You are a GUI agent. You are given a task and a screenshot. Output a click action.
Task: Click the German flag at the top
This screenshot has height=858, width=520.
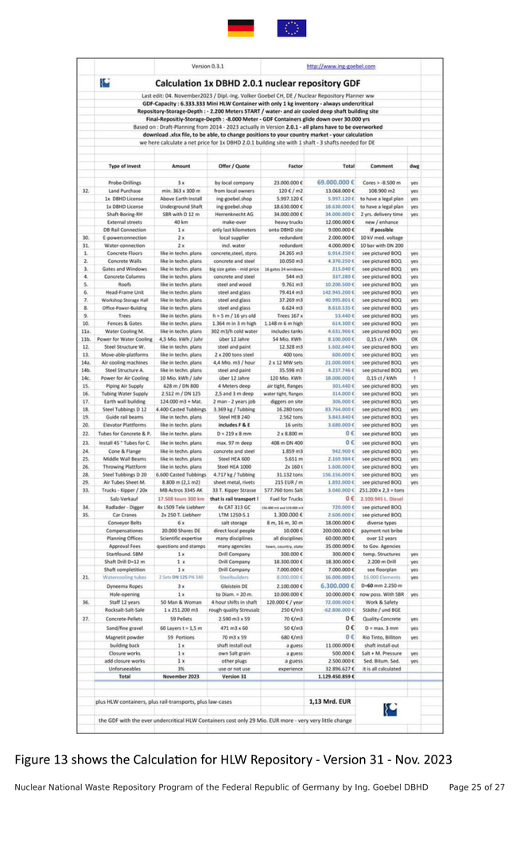(x=241, y=29)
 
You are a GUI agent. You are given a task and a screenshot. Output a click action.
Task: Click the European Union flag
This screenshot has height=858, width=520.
(x=291, y=29)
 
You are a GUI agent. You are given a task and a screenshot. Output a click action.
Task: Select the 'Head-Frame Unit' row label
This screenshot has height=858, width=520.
(x=125, y=293)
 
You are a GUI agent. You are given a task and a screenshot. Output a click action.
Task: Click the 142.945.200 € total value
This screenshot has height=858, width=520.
(x=335, y=293)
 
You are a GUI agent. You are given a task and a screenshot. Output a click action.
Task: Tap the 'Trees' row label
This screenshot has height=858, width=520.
(x=125, y=316)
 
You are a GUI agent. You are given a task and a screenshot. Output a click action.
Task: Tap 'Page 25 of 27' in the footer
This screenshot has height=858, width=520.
(x=477, y=786)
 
